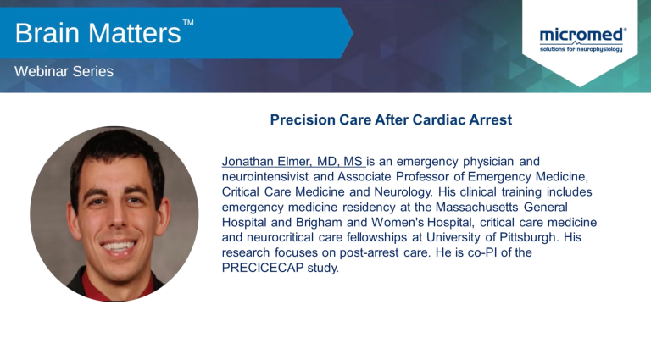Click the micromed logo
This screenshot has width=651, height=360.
click(x=582, y=40)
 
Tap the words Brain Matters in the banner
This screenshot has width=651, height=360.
click(x=98, y=33)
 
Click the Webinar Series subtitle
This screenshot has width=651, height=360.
click(x=64, y=71)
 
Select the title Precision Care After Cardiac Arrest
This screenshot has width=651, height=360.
click(x=391, y=119)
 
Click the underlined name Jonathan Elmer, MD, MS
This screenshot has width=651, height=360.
click(x=292, y=161)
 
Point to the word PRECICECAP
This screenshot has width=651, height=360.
click(x=263, y=268)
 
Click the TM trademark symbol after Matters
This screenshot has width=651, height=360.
click(x=188, y=22)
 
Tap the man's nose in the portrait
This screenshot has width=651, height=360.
click(x=118, y=219)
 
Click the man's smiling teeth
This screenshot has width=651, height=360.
click(x=119, y=246)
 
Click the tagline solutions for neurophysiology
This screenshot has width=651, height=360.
click(x=581, y=49)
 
